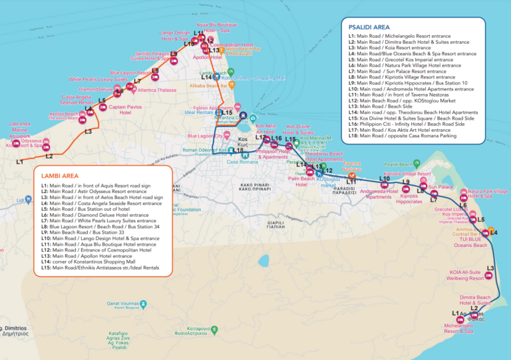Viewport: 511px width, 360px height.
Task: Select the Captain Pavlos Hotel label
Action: [126, 109]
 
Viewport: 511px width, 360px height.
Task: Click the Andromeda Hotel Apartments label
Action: [379, 194]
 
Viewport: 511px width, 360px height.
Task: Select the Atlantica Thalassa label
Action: [156, 89]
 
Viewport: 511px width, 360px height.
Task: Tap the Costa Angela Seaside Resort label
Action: [77, 100]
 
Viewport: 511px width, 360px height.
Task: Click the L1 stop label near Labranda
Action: [19, 162]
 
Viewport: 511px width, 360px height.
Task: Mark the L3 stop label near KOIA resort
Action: [490, 268]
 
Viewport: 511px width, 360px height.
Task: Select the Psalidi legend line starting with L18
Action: [403, 136]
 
